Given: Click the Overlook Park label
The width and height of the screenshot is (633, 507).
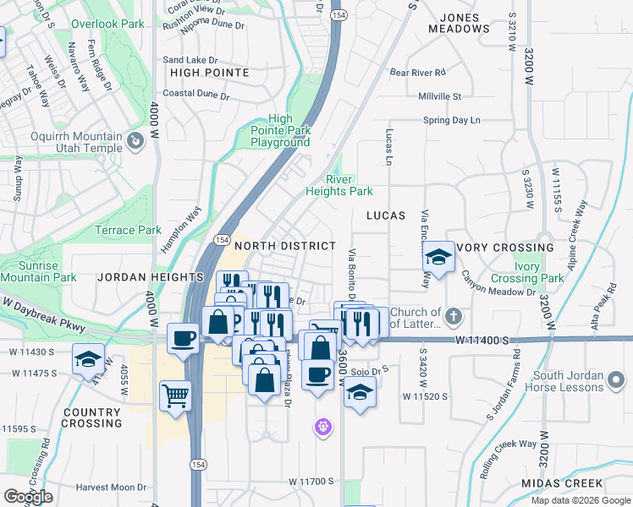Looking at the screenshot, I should click(108, 25).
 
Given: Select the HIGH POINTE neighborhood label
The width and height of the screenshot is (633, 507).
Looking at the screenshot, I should click(210, 73).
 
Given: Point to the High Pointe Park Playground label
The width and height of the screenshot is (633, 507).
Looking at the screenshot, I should click(280, 131).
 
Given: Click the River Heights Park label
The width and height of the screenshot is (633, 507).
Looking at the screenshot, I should click(350, 185).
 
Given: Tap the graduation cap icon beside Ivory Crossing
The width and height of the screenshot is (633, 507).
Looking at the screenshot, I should click(438, 256).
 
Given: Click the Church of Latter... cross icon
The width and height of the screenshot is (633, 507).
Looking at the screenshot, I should click(454, 317).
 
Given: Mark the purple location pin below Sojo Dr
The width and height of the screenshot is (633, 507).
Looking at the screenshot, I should click(322, 428).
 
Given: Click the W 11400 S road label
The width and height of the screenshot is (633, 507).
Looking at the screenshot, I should click(483, 340).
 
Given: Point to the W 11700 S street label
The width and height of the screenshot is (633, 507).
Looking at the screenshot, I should click(311, 482).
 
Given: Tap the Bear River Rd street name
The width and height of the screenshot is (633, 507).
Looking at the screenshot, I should click(417, 73).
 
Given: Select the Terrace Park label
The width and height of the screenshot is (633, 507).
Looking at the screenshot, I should click(127, 230).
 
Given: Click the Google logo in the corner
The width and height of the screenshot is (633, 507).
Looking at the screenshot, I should click(27, 498).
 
